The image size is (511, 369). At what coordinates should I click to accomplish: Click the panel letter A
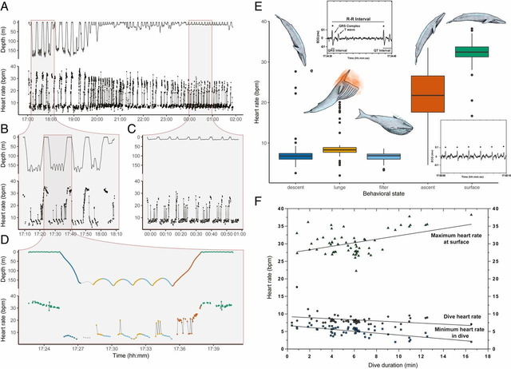(6, 6)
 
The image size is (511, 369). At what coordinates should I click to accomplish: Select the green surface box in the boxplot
(472, 52)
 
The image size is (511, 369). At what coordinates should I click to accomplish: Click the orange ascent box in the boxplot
(428, 97)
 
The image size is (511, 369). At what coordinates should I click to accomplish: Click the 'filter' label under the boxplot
(385, 169)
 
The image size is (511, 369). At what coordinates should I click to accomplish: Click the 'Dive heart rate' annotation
(455, 316)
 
